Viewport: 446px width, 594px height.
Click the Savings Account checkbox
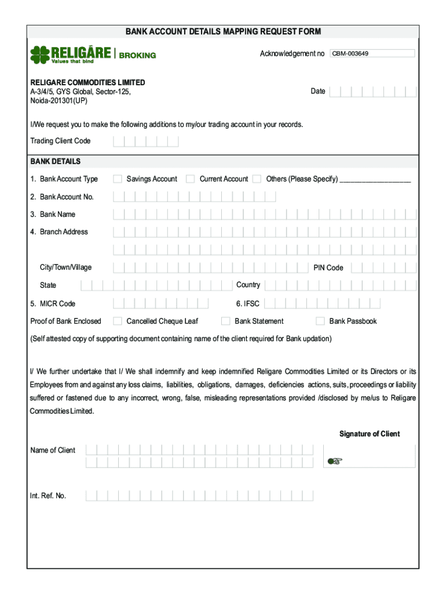click(118, 179)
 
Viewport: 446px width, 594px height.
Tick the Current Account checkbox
click(190, 179)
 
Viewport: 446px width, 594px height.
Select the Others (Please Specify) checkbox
click(257, 179)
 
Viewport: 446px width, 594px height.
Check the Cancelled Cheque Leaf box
click(118, 321)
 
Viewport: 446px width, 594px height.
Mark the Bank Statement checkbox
click(226, 321)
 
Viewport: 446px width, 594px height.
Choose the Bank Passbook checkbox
click(320, 321)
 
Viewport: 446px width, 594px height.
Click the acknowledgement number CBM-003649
click(350, 54)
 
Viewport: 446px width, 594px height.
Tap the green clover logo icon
click(40, 54)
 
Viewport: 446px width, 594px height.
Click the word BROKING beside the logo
click(137, 56)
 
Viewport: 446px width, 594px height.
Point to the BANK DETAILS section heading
click(56, 161)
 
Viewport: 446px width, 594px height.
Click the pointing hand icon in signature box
click(335, 461)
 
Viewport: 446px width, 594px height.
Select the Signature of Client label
click(370, 434)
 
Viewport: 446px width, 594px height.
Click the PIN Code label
click(328, 268)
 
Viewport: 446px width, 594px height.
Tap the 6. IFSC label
click(248, 303)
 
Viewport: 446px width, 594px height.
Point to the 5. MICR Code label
click(53, 304)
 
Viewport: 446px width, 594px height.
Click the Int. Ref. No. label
click(48, 496)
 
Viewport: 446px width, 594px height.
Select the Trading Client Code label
click(60, 141)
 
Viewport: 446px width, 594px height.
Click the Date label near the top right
click(318, 91)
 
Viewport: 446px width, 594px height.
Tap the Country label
click(248, 285)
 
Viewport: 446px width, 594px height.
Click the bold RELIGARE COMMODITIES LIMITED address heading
click(87, 82)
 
